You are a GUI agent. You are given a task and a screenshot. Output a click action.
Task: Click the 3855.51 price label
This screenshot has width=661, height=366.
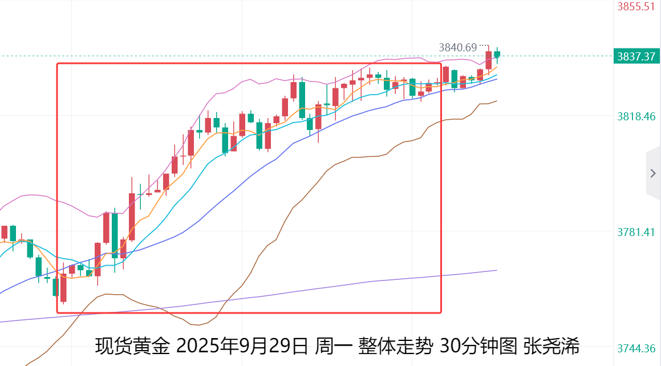[636, 7]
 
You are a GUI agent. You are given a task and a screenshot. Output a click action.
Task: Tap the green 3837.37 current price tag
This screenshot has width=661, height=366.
[636, 56]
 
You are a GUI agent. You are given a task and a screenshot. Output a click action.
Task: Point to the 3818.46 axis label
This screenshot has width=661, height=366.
[636, 116]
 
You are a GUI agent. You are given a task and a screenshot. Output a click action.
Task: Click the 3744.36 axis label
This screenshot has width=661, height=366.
[636, 348]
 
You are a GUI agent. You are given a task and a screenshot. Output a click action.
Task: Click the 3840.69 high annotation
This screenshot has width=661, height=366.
[457, 48]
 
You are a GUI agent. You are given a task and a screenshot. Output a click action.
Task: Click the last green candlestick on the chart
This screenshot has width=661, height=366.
[497, 55]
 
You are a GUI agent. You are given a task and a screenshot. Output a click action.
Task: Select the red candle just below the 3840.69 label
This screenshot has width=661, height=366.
[489, 60]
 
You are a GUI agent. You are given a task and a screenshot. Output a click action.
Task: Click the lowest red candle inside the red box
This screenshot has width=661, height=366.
[63, 287]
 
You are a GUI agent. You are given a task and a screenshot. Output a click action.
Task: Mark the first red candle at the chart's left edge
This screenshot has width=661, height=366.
[5, 232]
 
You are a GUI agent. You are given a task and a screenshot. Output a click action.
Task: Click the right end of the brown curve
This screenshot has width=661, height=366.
[497, 101]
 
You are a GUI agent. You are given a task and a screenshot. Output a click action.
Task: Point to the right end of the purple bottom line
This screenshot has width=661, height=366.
[497, 270]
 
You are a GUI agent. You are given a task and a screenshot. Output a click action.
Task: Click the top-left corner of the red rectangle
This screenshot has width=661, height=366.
[57, 63]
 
